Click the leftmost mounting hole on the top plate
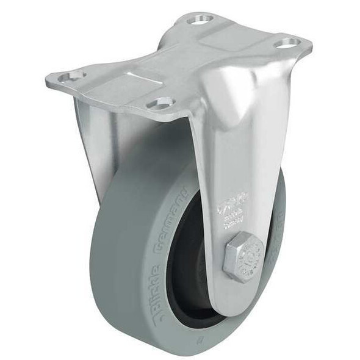[72, 76]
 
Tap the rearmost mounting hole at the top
[200, 20]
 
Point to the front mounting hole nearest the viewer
[160, 104]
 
